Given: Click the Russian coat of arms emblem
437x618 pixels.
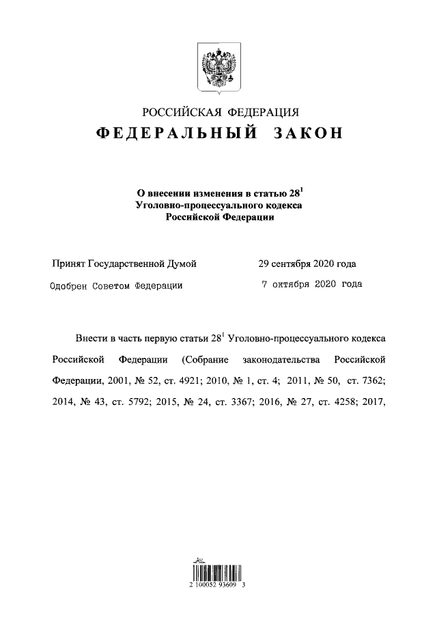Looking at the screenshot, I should click(x=218, y=68).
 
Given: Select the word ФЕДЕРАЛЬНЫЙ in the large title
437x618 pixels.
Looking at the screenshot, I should click(x=176, y=133).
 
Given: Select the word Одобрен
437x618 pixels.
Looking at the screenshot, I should click(x=71, y=286).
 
